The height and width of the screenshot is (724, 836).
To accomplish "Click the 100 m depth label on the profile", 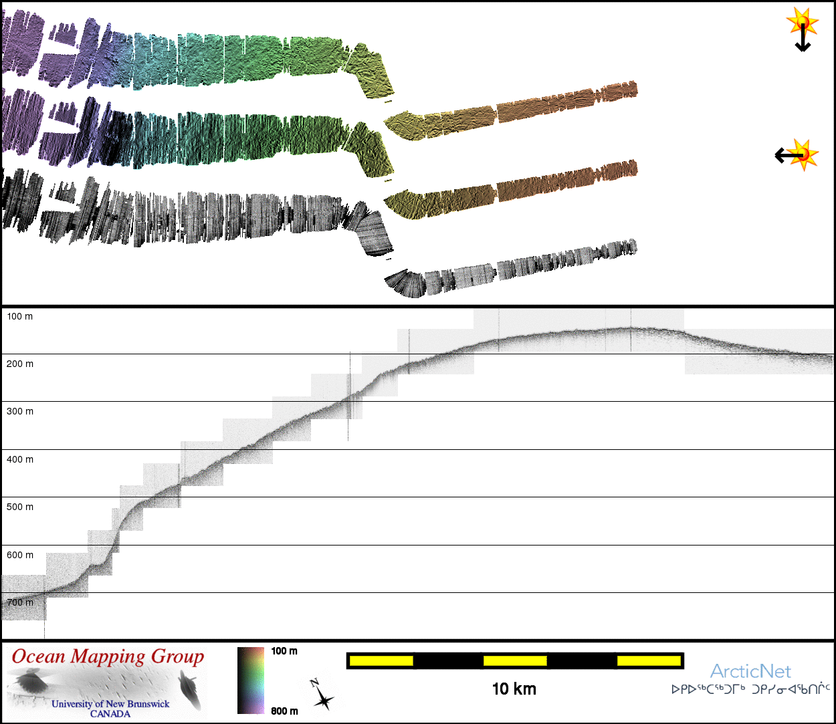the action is click(20, 316).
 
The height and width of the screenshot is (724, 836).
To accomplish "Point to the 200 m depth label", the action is click(20, 364).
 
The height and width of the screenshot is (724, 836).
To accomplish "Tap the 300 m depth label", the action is click(20, 412).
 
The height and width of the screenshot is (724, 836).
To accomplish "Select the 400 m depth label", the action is click(20, 459).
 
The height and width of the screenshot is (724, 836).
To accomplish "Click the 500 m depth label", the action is click(20, 507).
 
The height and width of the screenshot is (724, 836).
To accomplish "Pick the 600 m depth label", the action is click(20, 555).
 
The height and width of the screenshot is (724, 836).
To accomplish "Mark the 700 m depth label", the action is click(20, 602).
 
